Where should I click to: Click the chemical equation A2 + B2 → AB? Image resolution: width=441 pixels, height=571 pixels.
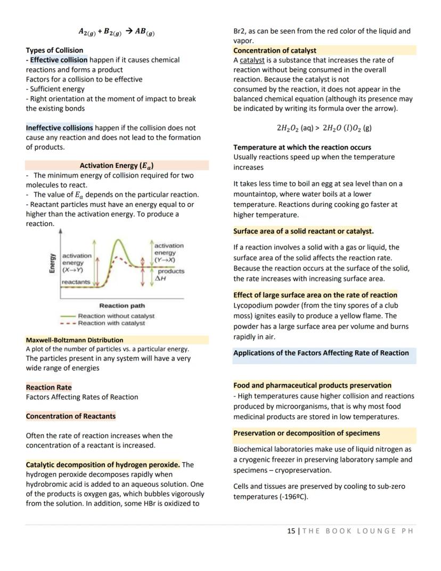pyautogui.click(x=117, y=31)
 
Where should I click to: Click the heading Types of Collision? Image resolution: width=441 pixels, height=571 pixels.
pyautogui.click(x=54, y=50)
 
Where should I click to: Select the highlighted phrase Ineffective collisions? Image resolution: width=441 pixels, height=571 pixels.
pyautogui.click(x=59, y=128)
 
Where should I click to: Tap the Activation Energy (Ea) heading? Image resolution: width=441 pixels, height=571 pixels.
pyautogui.click(x=117, y=165)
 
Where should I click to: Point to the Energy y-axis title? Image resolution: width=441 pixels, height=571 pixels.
pyautogui.click(x=52, y=263)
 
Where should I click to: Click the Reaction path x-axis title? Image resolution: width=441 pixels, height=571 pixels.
pyautogui.click(x=121, y=305)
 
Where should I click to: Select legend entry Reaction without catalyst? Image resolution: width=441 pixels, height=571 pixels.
pyautogui.click(x=116, y=316)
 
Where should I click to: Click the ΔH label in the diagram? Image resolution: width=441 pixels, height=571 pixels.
pyautogui.click(x=160, y=278)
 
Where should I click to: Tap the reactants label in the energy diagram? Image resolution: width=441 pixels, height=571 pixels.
pyautogui.click(x=76, y=282)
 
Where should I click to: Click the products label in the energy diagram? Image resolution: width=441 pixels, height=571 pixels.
pyautogui.click(x=170, y=271)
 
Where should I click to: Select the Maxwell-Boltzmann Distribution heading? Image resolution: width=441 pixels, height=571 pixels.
pyautogui.click(x=74, y=340)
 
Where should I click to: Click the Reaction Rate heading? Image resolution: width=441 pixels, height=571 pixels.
pyautogui.click(x=48, y=387)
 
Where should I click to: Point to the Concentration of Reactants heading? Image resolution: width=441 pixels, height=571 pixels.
pyautogui.click(x=70, y=416)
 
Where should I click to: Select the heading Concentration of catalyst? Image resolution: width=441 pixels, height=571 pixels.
pyautogui.click(x=274, y=50)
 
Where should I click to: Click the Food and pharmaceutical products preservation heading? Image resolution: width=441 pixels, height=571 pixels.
pyautogui.click(x=312, y=385)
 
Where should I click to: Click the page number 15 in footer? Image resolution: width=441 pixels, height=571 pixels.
pyautogui.click(x=290, y=531)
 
